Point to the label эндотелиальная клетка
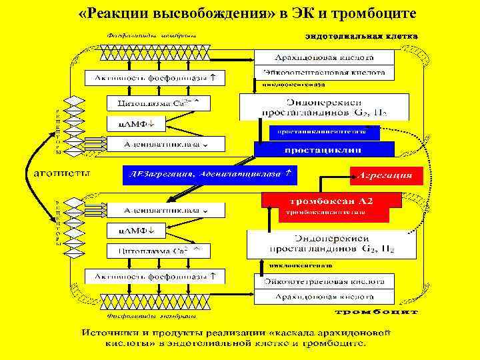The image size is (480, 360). [x=361, y=35]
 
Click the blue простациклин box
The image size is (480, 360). [x=324, y=149]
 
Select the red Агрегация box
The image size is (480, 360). [x=387, y=176]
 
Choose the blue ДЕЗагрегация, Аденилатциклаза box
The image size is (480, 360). [x=209, y=174]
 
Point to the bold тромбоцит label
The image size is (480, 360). [x=376, y=311]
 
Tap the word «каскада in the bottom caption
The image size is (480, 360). [x=293, y=331]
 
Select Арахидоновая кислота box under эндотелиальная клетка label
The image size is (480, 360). [x=324, y=57]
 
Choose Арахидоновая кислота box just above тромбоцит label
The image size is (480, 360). [x=324, y=297]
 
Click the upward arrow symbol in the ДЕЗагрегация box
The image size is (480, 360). [x=287, y=173]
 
